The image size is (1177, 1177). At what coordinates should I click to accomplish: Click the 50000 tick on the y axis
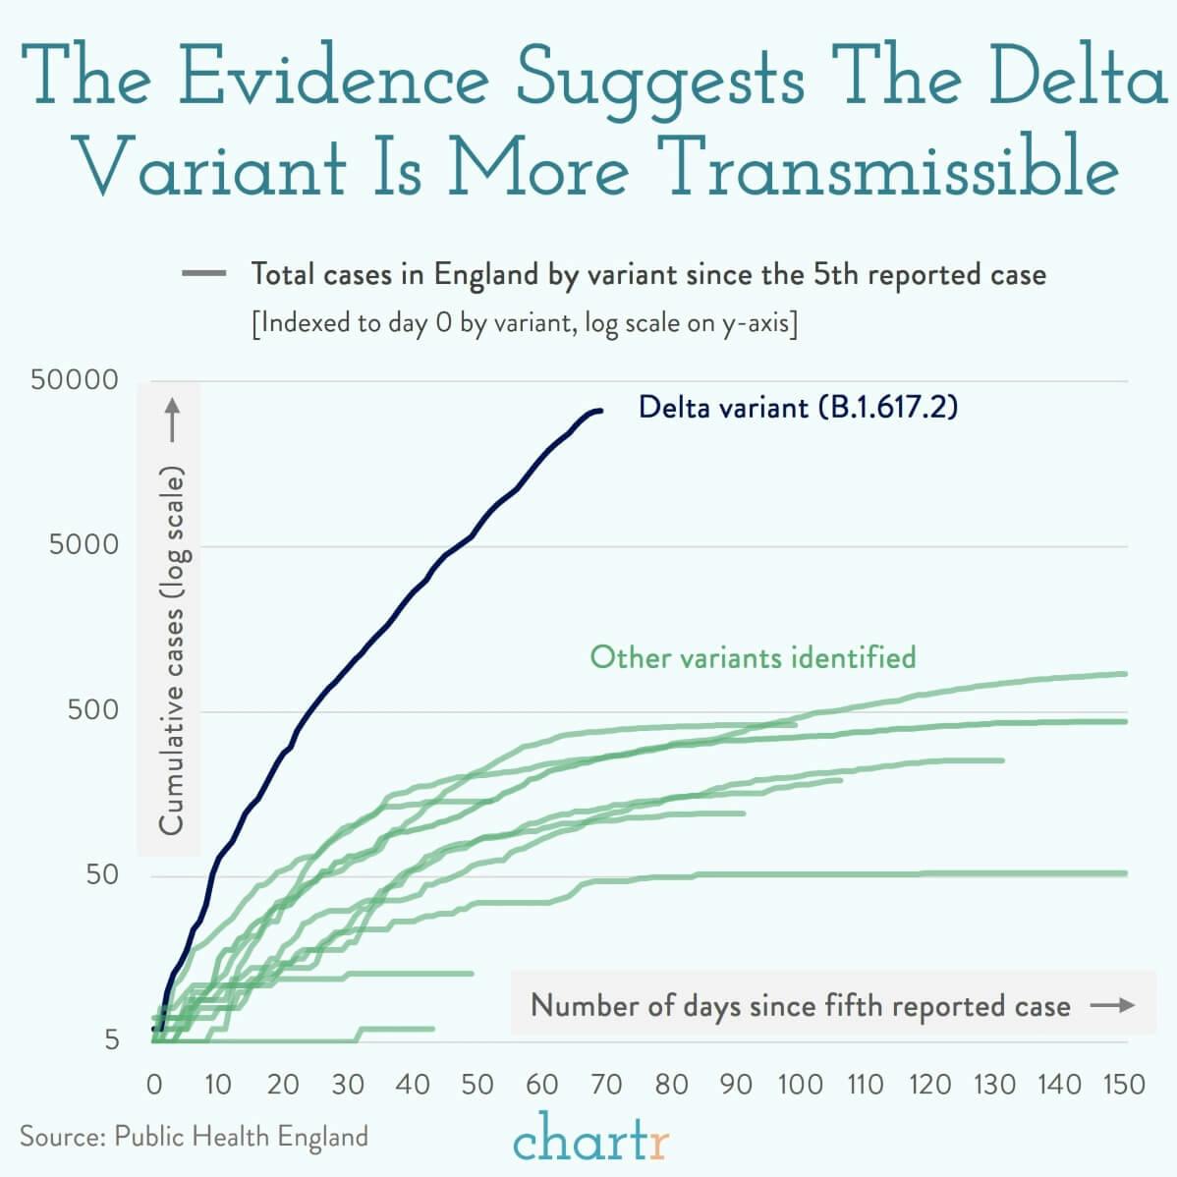[74, 380]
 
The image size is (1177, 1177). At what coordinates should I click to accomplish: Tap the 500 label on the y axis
[92, 709]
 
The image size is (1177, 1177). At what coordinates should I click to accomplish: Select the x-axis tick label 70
[606, 1085]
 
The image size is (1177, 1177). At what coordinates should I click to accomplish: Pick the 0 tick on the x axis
[154, 1085]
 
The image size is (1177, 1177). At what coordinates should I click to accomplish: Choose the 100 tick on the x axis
[800, 1085]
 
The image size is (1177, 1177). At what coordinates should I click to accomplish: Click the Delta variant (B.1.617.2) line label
[797, 407]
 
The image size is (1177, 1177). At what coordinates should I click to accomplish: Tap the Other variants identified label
[753, 656]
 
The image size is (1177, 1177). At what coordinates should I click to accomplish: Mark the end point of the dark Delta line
[600, 411]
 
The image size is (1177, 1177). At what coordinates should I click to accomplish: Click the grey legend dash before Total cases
[204, 274]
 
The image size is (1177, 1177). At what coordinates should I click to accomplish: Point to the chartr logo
[590, 1139]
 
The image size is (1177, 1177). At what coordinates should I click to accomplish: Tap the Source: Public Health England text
[194, 1137]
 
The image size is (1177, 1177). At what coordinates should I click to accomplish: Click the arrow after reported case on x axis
[1112, 1005]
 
